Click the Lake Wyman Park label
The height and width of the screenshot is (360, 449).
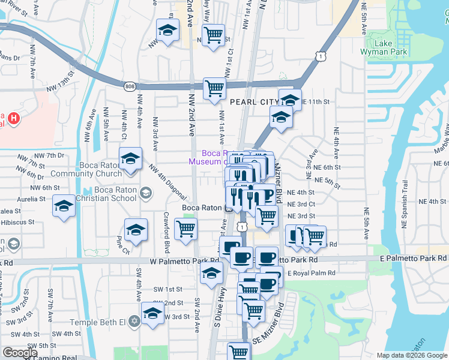pyautogui.click(x=391, y=48)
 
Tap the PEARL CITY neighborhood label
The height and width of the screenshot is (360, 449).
pyautogui.click(x=247, y=103)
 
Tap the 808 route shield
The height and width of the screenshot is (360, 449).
pyautogui.click(x=130, y=88)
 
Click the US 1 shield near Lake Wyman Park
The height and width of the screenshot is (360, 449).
pyautogui.click(x=322, y=56)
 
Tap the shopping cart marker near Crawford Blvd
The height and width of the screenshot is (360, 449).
pyautogui.click(x=186, y=229)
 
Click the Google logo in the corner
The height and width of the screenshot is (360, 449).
pyautogui.click(x=20, y=353)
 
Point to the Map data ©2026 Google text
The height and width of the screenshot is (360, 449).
pyautogui.click(x=411, y=355)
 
